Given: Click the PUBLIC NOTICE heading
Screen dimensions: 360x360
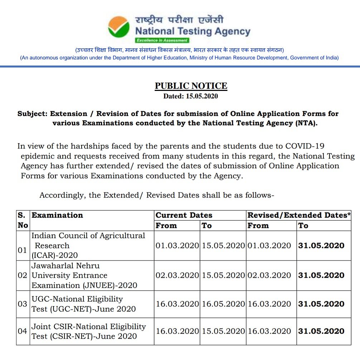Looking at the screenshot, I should point(191,86).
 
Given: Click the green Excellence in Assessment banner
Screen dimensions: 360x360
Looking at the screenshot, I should point(162,40).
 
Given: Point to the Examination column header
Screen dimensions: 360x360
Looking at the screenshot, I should point(57,215).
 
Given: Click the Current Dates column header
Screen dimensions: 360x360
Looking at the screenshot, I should point(184,215).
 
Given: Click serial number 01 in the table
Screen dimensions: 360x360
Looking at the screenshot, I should point(22,250).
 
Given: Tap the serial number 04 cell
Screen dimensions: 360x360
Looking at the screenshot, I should point(22,331).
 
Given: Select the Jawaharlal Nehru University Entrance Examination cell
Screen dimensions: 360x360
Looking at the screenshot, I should point(84,276).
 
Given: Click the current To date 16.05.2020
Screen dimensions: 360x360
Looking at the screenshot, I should point(223,304).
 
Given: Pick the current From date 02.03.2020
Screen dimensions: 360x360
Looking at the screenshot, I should point(177,276).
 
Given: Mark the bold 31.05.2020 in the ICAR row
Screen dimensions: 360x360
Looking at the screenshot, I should point(321,245).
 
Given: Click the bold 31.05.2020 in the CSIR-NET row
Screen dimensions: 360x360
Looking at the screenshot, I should point(321,331).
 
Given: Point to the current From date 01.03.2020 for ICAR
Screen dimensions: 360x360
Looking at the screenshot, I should point(177,245).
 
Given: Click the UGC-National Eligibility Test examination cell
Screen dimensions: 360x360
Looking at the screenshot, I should point(84,304).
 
